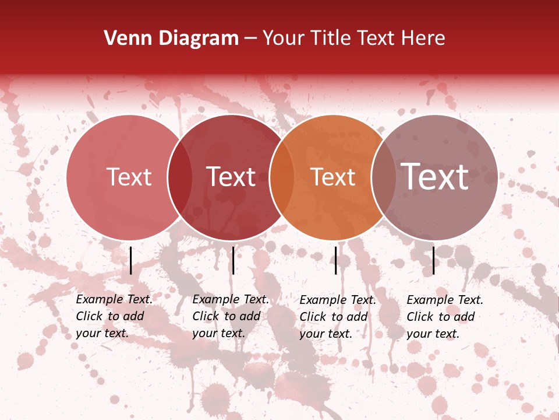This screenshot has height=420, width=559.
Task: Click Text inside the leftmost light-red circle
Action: pos(129,177)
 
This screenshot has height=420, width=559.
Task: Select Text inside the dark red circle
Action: pos(231,177)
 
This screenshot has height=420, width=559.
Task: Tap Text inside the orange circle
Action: pos(332,177)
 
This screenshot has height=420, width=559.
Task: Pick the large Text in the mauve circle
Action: pos(435,177)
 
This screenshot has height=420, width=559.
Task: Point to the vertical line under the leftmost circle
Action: pos(130,260)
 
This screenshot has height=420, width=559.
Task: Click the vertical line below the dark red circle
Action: pos(233,260)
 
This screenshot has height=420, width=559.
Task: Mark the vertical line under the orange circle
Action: pos(335,260)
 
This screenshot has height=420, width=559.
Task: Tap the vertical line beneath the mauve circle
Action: pos(433,260)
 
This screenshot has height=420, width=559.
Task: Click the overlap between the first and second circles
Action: pos(181,177)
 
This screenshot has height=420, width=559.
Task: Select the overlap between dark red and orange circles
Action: pos(282,177)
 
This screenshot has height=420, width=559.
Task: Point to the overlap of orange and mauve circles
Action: pos(384,177)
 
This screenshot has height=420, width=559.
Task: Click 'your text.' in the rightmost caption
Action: pos(433,334)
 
